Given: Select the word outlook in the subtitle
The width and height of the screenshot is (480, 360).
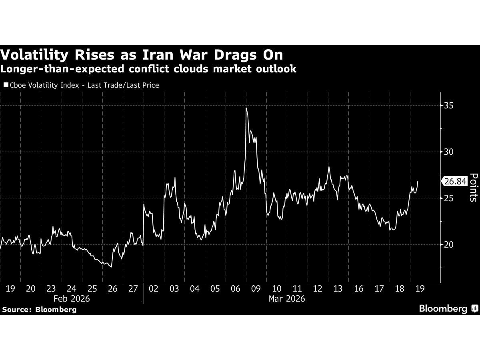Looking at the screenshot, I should point(276,69).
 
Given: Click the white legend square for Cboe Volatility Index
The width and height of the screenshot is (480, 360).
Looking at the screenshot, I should point(6,85).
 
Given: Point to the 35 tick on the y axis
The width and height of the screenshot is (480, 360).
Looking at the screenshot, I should point(449,106).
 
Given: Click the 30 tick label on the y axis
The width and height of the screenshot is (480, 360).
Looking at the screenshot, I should point(449,152).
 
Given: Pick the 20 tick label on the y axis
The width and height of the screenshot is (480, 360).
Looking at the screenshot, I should point(449,244).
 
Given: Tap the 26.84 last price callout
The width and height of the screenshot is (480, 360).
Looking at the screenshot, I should point(455,181).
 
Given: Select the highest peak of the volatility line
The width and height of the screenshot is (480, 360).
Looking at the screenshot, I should point(246,108).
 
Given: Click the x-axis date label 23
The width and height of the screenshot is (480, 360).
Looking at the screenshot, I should point(51,288).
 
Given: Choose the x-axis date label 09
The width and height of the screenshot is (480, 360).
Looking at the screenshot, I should point(256,288).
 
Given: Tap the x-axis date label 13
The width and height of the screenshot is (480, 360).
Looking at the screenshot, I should point(338,288).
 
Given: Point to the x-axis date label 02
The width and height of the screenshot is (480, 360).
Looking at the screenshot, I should point(153,288).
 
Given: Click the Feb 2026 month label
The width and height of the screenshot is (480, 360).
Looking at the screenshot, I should point(72,298).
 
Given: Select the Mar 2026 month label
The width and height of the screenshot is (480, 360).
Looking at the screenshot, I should point(286,298).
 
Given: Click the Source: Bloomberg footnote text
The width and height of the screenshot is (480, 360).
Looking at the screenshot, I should point(39,309).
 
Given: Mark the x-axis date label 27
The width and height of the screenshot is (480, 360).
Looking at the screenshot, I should point(133,288).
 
